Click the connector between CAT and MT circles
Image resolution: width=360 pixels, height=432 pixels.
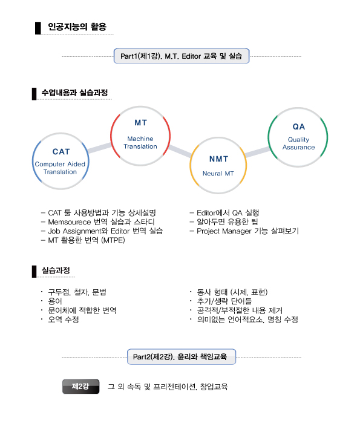100,148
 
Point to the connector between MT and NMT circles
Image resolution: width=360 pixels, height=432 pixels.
180,151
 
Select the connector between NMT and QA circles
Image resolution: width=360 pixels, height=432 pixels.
257,152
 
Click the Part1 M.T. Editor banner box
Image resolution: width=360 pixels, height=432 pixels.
182,56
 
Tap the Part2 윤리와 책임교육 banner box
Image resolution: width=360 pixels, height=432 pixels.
182,357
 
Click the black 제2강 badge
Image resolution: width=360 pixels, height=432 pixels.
80,387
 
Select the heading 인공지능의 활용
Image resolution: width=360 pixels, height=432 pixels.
77,27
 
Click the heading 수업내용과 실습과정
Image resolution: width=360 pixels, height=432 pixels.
74,93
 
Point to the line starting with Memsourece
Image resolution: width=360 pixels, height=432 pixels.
101,222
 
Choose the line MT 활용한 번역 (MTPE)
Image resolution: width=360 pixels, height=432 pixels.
87,240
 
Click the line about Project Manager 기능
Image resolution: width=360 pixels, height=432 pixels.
247,231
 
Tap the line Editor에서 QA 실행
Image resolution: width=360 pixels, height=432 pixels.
227,213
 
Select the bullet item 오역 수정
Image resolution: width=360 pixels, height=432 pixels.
64,319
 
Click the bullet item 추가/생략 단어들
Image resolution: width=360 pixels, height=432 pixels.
224,301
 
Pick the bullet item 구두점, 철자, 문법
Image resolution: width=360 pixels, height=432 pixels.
77,292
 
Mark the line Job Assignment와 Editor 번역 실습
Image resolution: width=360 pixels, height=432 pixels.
105,231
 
